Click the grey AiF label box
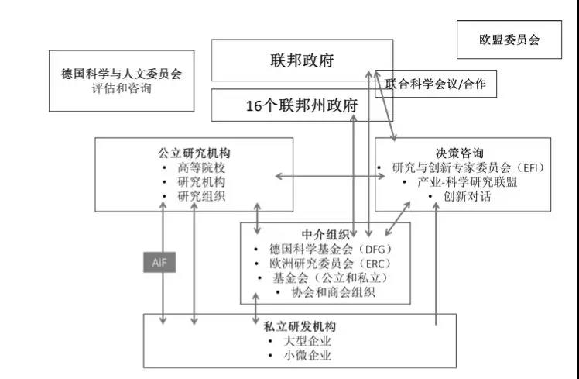159,262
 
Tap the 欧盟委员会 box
509,40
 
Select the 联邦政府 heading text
302,60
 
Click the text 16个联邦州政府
302,105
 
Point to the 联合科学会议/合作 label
436,84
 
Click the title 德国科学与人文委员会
122,74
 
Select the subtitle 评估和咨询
122,88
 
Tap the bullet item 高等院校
201,167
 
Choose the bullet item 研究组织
201,196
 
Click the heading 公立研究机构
194,153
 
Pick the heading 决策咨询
459,153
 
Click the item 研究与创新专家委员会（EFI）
469,167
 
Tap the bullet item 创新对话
467,196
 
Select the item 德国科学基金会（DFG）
331,249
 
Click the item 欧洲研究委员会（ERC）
331,264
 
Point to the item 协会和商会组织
333,292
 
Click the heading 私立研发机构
300,326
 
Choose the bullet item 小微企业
307,355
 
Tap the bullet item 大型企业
307,341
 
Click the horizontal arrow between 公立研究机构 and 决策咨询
330,177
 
